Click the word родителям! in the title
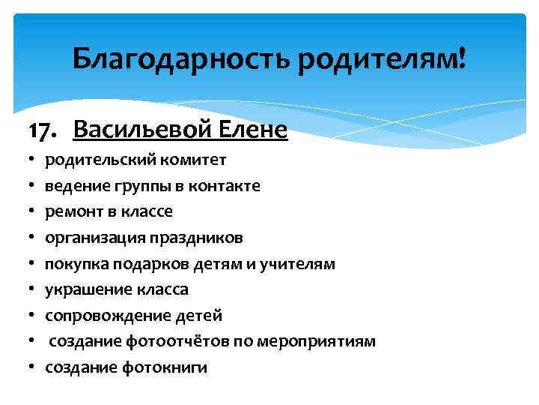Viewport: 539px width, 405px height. pyautogui.click(x=381, y=58)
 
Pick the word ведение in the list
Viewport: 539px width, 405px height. pyautogui.click(x=73, y=185)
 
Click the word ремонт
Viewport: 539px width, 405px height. pyautogui.click(x=70, y=211)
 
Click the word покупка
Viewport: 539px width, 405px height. pyautogui.click(x=73, y=263)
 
